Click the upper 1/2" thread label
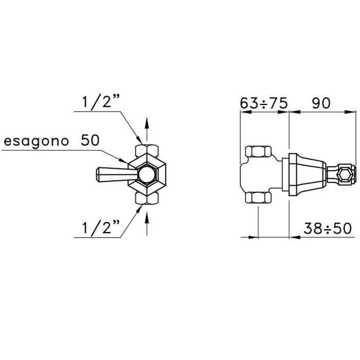pyautogui.click(x=101, y=102)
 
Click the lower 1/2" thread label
pyautogui.click(x=101, y=228)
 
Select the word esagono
pyautogui.click(x=37, y=141)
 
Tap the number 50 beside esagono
pyautogui.click(x=90, y=140)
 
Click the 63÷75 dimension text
pyautogui.click(x=264, y=103)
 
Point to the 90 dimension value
pyautogui.click(x=321, y=103)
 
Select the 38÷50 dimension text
pyautogui.click(x=328, y=228)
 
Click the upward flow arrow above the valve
pyautogui.click(x=147, y=129)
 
